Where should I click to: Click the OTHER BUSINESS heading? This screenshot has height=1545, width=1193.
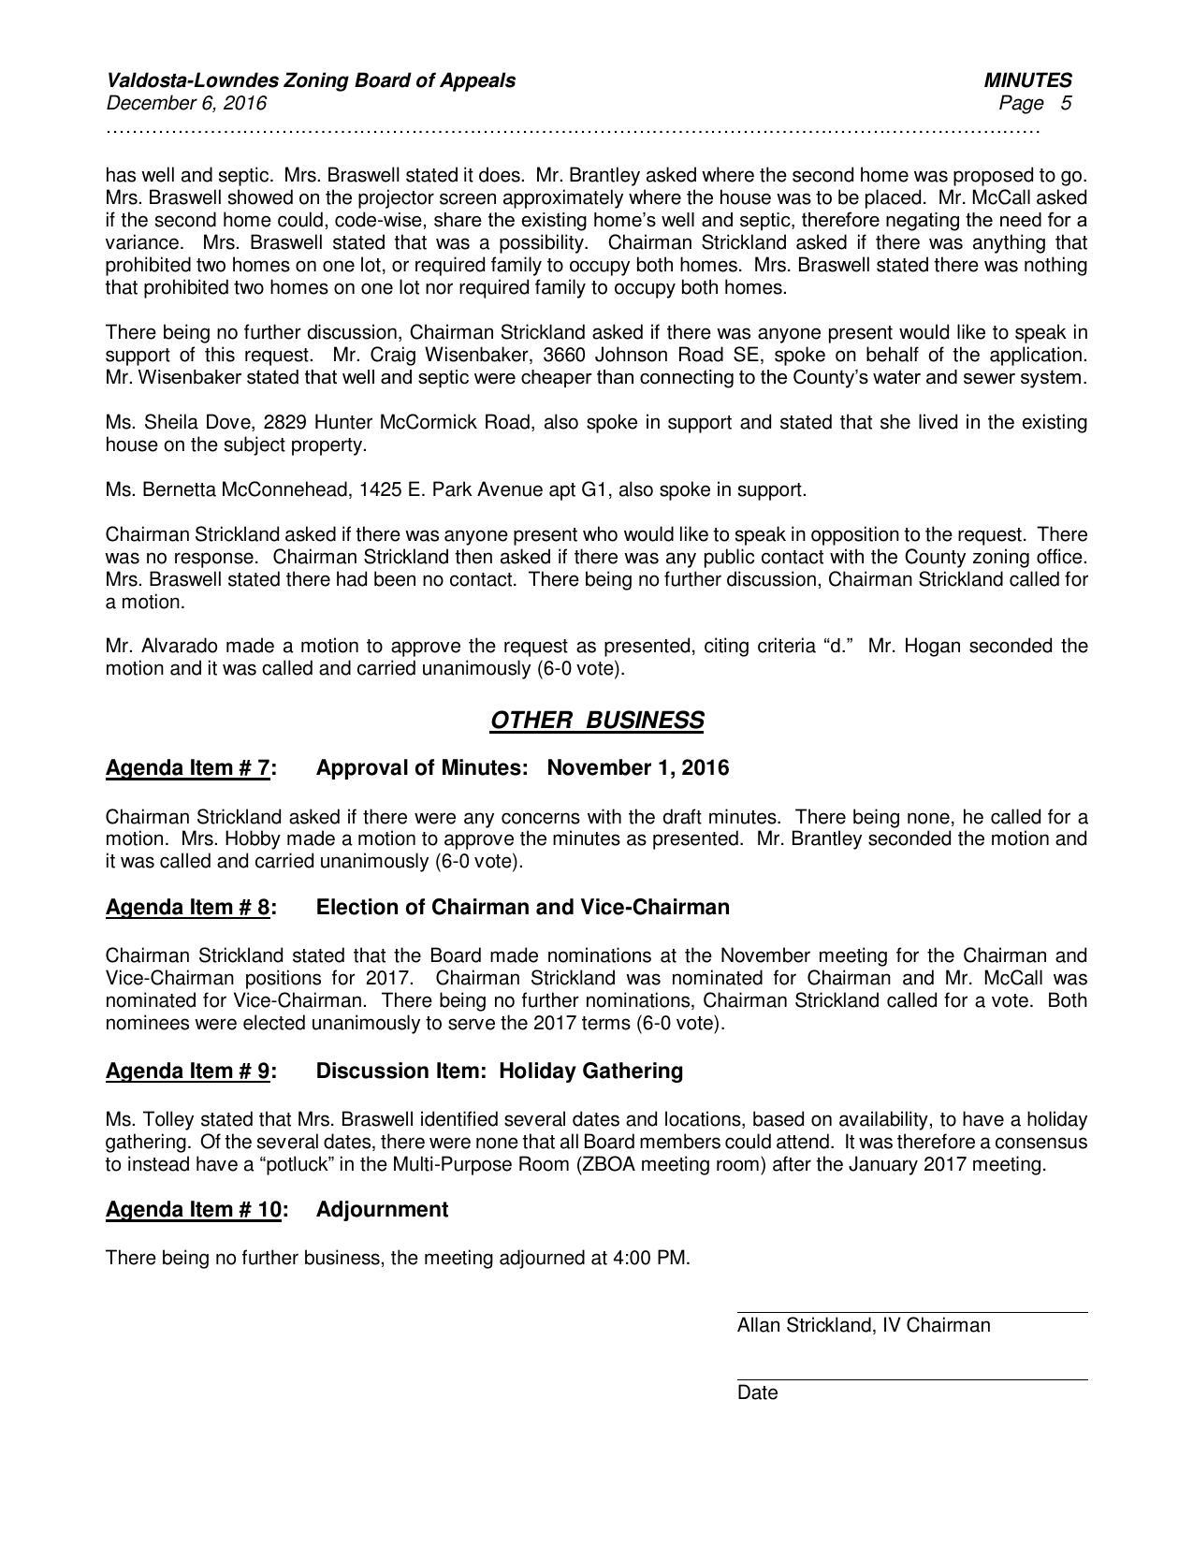(x=596, y=720)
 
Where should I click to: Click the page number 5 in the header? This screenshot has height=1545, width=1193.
(x=1066, y=103)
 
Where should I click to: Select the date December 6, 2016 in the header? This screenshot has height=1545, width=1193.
(x=186, y=103)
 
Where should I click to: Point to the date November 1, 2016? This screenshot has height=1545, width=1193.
(x=637, y=768)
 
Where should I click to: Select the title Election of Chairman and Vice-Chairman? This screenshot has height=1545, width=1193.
(x=522, y=907)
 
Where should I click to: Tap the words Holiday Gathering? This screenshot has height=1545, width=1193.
(x=590, y=1071)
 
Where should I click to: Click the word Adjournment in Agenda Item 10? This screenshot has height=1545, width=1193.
(x=382, y=1209)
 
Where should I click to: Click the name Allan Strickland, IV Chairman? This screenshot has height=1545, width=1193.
(x=863, y=1325)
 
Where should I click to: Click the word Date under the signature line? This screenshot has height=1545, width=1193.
(x=757, y=1392)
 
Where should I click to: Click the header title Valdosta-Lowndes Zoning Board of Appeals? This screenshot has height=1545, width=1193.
(x=311, y=80)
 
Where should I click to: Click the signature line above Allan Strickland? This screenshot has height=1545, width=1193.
(x=911, y=1312)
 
